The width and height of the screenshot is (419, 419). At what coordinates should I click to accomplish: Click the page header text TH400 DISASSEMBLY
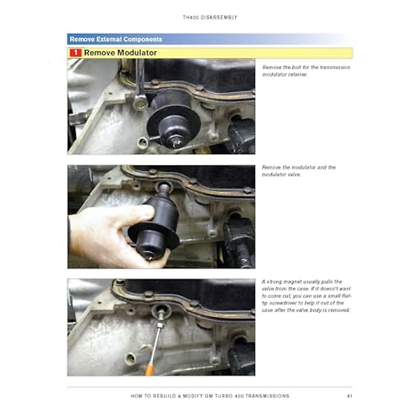coord(210,17)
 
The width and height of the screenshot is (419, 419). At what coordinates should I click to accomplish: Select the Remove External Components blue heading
coord(116,39)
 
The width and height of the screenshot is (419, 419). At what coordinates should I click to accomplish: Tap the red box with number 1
coord(75,53)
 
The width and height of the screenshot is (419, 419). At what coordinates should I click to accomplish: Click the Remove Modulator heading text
coord(120,53)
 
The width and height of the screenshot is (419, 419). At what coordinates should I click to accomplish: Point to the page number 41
coord(349,396)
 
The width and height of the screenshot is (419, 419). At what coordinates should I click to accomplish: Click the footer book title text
coord(210,396)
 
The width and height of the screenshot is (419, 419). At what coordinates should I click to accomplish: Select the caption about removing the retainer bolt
coord(306,71)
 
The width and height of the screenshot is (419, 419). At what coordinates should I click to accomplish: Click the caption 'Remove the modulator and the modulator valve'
coord(299,171)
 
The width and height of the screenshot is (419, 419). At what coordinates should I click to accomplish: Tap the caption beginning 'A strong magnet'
coord(307,296)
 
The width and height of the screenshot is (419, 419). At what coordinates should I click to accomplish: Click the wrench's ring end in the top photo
coord(140,101)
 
